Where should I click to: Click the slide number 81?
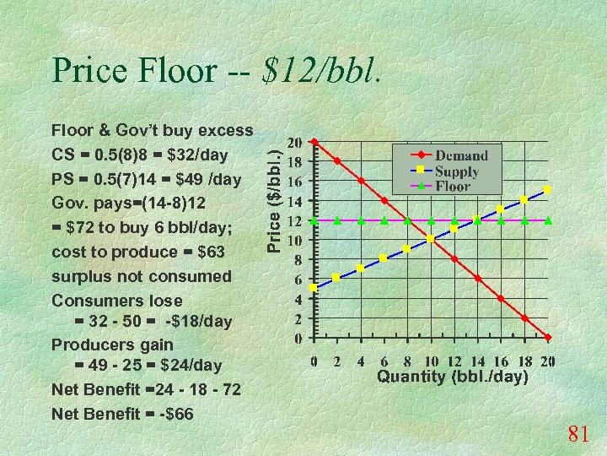coord(577,435)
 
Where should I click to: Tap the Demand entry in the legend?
coord(461,155)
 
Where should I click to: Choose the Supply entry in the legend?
coord(457,171)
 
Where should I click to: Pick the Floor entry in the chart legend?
coord(453,187)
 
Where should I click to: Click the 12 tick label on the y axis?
coord(296,220)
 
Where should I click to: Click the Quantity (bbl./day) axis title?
coord(453,377)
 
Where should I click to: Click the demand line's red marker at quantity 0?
coord(314,142)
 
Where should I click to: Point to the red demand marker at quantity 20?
coord(548,338)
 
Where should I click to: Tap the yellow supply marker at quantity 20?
coord(548,190)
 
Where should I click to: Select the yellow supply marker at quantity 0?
coord(314,288)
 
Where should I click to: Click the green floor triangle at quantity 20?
coord(548,220)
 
